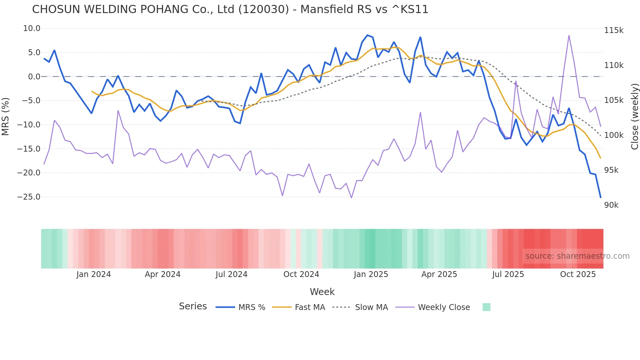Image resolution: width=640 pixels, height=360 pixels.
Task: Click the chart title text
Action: [230, 9]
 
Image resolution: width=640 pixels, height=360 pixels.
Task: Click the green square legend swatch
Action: [486, 307]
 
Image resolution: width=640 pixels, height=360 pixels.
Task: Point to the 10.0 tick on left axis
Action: [32, 29]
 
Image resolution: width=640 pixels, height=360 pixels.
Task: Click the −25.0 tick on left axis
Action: [29, 197]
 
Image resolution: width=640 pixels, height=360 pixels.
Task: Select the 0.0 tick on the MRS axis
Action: [34, 77]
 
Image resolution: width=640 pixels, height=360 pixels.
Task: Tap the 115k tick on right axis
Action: [614, 30]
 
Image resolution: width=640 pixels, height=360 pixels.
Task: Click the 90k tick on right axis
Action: [611, 205]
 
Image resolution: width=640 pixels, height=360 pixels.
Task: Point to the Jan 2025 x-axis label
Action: [371, 274]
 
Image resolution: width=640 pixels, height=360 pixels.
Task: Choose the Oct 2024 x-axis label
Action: [301, 274]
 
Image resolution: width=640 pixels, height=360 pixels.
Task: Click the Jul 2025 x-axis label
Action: [508, 274]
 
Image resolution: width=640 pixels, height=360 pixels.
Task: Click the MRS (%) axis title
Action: [6, 116]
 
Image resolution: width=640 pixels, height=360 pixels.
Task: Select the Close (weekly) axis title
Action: [634, 116]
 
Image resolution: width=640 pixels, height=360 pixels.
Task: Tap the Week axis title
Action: [322, 292]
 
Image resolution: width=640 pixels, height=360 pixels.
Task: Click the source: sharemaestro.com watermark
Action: [577, 256]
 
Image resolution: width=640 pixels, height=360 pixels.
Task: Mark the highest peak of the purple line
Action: [569, 36]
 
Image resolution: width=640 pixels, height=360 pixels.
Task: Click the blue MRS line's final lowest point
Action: [600, 197]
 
